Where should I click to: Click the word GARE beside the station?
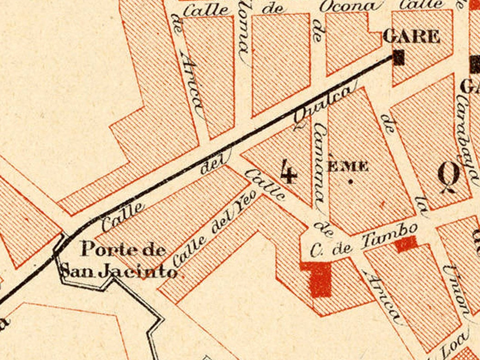tap(411, 36)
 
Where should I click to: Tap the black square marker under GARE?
tap(399, 57)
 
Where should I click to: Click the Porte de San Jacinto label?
tap(119, 260)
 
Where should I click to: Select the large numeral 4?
tap(289, 171)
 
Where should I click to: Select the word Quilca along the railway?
tap(323, 105)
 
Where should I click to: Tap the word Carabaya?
tap(468, 136)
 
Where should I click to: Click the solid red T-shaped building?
tap(318, 277)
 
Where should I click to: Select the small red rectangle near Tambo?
tap(406, 244)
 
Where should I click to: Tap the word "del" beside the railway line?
tap(210, 167)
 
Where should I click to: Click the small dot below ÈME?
tap(350, 181)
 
